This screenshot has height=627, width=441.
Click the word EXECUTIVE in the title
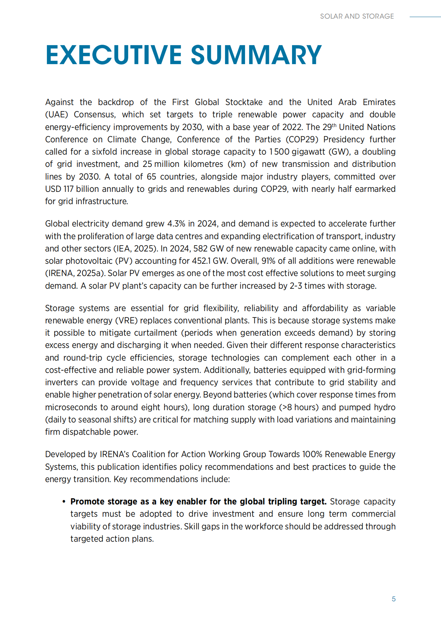tap(114, 55)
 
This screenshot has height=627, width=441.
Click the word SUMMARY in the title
tap(256, 55)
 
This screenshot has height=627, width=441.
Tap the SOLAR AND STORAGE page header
tap(357, 16)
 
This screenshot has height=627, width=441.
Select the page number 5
tap(393, 599)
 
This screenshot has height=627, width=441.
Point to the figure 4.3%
tap(176, 224)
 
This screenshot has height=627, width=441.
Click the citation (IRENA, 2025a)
tap(75, 273)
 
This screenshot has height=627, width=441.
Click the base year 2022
tap(292, 127)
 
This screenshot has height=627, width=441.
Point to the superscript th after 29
tap(334, 125)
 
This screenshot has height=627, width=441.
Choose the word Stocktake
tap(244, 102)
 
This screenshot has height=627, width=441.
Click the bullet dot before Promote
tap(64, 502)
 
